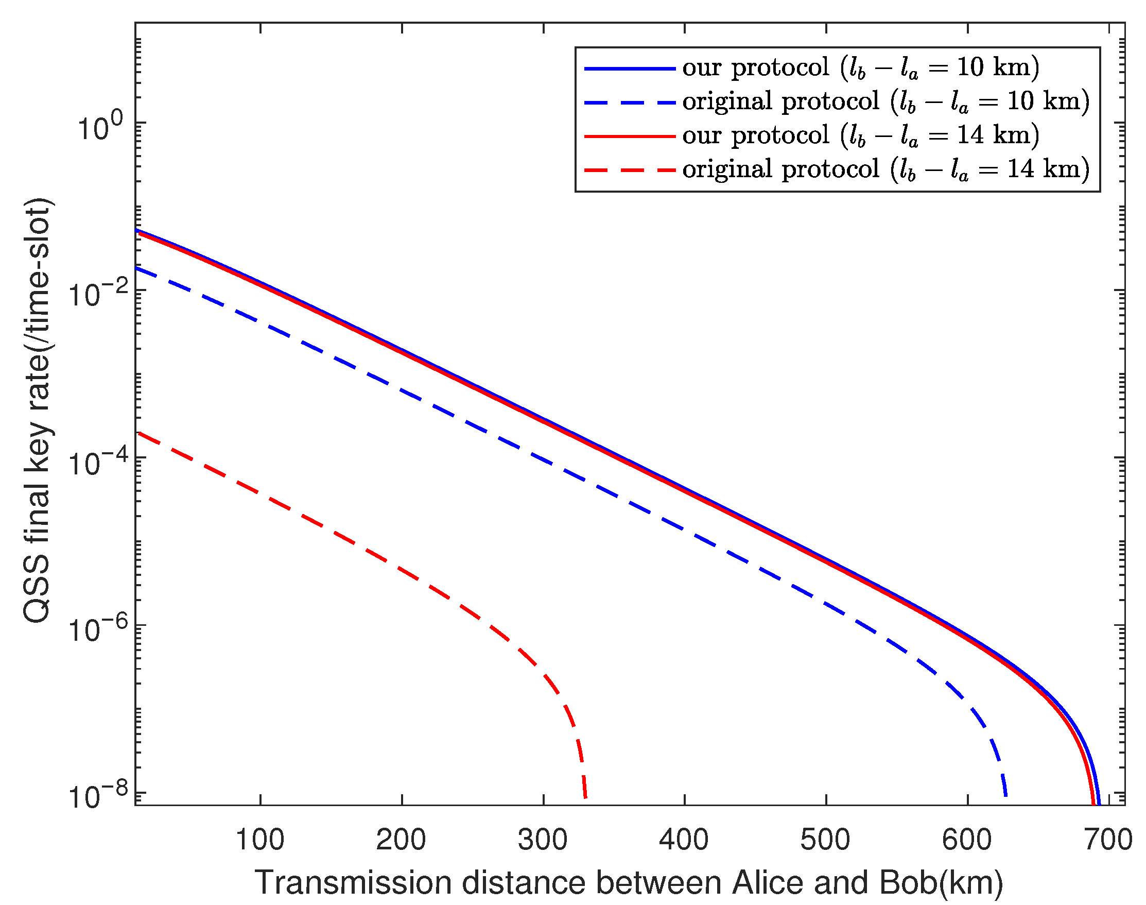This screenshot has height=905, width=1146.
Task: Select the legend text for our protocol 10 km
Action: pos(861,68)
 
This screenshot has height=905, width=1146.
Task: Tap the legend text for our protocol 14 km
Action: pos(861,135)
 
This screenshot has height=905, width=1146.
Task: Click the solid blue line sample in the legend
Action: pos(630,69)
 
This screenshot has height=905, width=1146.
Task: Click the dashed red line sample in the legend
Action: pos(630,170)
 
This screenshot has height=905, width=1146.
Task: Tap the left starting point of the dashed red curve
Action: pos(137,433)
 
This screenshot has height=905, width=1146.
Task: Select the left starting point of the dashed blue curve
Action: pos(137,268)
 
